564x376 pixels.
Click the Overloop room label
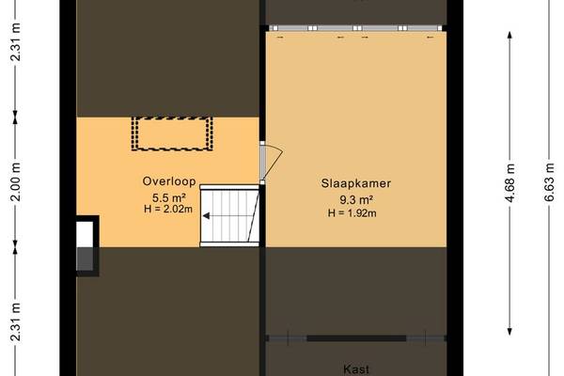(169, 181)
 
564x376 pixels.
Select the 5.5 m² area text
(168, 197)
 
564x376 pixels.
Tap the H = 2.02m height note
(168, 209)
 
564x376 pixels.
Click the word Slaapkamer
(355, 183)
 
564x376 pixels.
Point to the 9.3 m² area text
(355, 199)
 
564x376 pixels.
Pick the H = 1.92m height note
(352, 213)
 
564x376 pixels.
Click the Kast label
(356, 369)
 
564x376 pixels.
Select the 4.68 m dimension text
(510, 182)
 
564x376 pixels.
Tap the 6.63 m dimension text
(549, 182)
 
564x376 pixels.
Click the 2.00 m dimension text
(15, 181)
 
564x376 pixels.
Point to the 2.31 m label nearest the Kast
(15, 321)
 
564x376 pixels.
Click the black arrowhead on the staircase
(206, 216)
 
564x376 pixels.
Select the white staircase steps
(229, 216)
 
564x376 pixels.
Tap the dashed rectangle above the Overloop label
(172, 133)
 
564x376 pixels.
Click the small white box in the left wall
(85, 234)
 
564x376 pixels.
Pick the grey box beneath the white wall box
(85, 259)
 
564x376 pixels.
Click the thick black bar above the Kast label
(356, 338)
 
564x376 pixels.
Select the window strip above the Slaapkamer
(355, 28)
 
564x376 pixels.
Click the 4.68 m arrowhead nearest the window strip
(509, 36)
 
